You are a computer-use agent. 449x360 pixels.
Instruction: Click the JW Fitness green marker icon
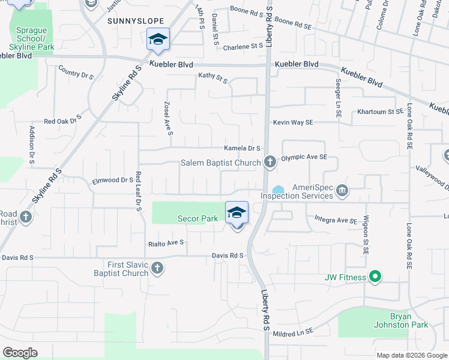375,277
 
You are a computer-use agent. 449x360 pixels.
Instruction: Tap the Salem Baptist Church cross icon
270,162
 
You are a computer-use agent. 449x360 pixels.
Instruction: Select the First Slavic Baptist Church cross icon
157,268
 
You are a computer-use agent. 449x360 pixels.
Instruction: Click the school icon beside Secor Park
237,213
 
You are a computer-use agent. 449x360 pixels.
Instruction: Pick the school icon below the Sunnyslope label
158,40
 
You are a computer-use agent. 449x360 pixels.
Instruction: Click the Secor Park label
197,219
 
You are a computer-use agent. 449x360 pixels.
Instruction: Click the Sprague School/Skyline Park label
32,38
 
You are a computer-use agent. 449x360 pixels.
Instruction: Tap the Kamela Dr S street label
242,148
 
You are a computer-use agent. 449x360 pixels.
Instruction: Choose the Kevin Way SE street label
293,122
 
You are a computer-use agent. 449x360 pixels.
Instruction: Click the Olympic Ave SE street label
304,157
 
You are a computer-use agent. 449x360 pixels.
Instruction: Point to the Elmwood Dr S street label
112,179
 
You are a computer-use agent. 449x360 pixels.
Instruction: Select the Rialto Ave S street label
166,244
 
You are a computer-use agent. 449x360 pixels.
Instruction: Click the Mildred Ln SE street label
293,332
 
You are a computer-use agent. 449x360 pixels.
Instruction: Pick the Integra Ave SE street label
336,221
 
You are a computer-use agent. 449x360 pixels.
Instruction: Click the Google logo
20,353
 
